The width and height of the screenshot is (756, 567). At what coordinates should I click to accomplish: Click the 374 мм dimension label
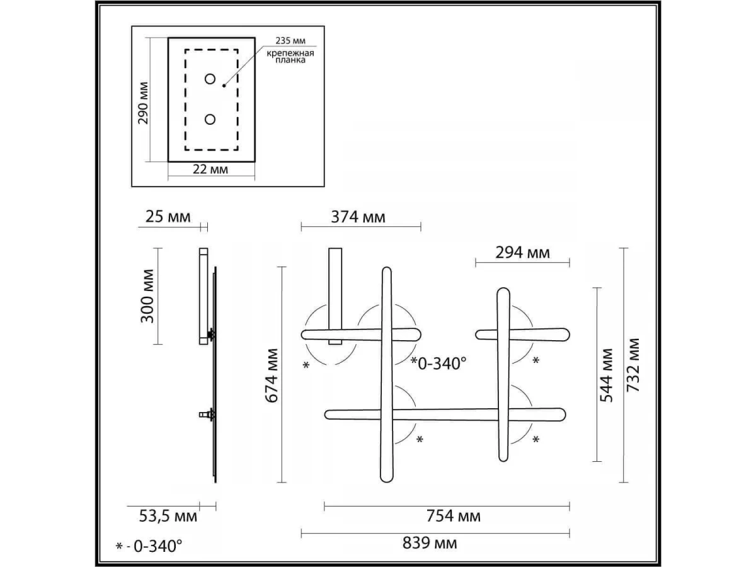click(x=358, y=217)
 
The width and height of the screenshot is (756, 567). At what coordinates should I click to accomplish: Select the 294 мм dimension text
click(x=522, y=253)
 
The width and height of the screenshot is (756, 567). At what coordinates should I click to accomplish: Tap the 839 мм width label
click(x=430, y=543)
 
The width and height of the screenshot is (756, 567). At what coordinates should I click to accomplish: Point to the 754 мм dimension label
click(x=453, y=516)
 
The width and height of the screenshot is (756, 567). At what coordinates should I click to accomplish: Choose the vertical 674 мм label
click(x=272, y=375)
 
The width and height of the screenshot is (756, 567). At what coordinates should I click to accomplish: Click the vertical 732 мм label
click(x=633, y=365)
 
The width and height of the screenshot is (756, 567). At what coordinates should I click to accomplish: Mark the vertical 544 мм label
click(x=607, y=375)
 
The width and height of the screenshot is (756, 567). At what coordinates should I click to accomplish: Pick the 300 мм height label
click(x=147, y=296)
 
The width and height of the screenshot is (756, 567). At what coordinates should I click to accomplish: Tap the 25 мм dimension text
click(x=168, y=217)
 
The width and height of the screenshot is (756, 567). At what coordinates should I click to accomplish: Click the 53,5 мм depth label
click(x=168, y=516)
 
